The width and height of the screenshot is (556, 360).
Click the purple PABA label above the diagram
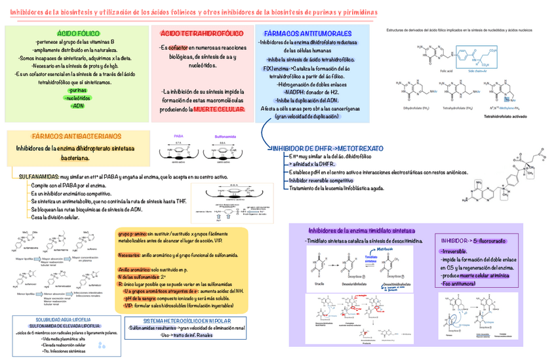(x=178, y=136)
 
